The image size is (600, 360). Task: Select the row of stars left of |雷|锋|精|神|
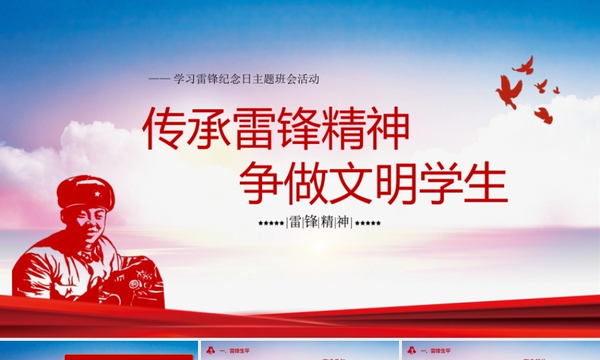click(x=271, y=223)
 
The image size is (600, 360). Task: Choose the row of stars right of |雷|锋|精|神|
click(x=368, y=223)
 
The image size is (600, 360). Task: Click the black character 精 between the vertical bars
click(x=327, y=222)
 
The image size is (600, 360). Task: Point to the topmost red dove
click(x=524, y=65)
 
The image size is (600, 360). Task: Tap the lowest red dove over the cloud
click(x=544, y=115)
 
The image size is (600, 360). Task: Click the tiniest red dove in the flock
click(x=556, y=90)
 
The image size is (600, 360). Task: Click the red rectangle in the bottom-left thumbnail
click(x=129, y=356)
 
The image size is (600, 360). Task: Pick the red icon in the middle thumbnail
click(x=210, y=350)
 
